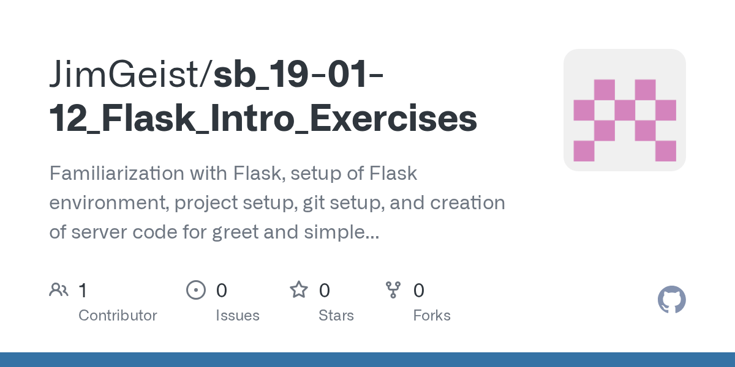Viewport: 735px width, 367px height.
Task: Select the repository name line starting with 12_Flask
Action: coord(263,119)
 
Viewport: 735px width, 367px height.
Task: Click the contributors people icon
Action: coord(59,290)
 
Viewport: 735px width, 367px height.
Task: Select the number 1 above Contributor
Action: coord(83,290)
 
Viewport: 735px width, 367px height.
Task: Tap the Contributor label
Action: coord(118,316)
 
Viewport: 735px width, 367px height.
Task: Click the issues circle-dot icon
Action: coord(195,290)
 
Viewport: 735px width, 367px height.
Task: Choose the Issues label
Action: coord(237,316)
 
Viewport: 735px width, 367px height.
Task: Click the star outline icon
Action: coord(299,290)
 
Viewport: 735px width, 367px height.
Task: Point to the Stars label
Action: coord(336,316)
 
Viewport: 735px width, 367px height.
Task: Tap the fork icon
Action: coord(393,290)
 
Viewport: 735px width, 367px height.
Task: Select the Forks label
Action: coord(432,316)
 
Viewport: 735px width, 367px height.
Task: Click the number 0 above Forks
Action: coord(419,290)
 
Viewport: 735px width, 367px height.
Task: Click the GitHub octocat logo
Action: coord(671,300)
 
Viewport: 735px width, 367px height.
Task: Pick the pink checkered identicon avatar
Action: coord(624,110)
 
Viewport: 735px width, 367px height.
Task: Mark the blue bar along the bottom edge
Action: coord(367,360)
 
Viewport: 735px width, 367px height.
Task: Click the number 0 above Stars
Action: coord(325,290)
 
